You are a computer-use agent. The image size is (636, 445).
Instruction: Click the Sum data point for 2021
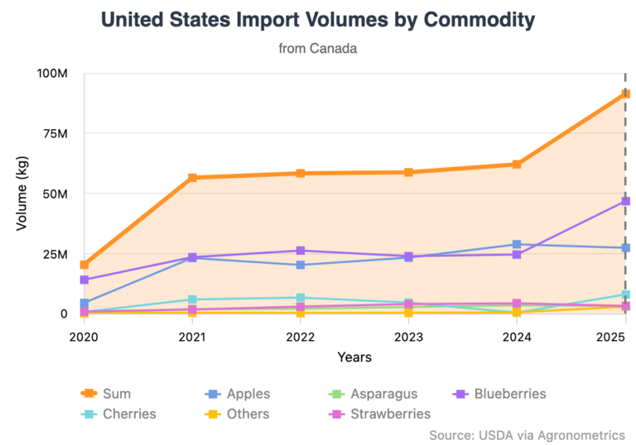[x=192, y=178]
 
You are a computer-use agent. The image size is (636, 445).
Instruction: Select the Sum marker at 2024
[x=517, y=164]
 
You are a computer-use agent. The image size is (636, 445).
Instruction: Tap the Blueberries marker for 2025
[x=625, y=201]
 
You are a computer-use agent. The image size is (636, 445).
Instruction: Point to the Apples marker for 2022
[x=300, y=265]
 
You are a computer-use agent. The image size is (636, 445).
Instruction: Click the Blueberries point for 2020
[x=84, y=280]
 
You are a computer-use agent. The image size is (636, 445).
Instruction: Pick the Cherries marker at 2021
[x=192, y=299]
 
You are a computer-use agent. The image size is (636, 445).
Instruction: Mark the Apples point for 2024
[x=517, y=244]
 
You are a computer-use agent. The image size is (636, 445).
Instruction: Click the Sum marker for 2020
[x=84, y=265]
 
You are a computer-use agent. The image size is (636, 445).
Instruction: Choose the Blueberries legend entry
[x=499, y=394]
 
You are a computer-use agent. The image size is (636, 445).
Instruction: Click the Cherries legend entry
[x=118, y=414]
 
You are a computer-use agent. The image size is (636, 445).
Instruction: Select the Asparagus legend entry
[x=373, y=394]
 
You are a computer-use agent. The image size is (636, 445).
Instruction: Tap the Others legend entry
[x=237, y=414]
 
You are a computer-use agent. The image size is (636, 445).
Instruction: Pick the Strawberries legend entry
[x=379, y=414]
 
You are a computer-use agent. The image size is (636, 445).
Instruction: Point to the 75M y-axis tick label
[x=55, y=133]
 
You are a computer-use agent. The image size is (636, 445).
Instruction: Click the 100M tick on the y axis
[x=52, y=74]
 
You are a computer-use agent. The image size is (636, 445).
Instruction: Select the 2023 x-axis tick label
[x=408, y=337]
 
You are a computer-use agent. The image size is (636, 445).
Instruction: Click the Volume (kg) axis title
[x=22, y=194]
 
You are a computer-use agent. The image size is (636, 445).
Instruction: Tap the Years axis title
[x=354, y=357]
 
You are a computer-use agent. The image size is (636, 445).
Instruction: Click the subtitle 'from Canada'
[x=318, y=48]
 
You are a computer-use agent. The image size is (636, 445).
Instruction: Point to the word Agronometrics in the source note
[x=581, y=435]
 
